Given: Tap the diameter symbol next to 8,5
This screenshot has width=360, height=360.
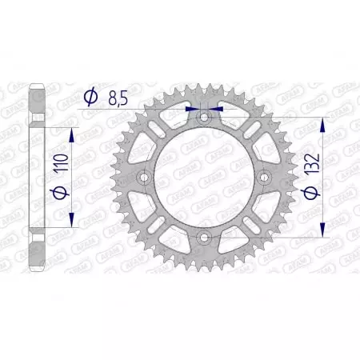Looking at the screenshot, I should pos(90,98).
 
